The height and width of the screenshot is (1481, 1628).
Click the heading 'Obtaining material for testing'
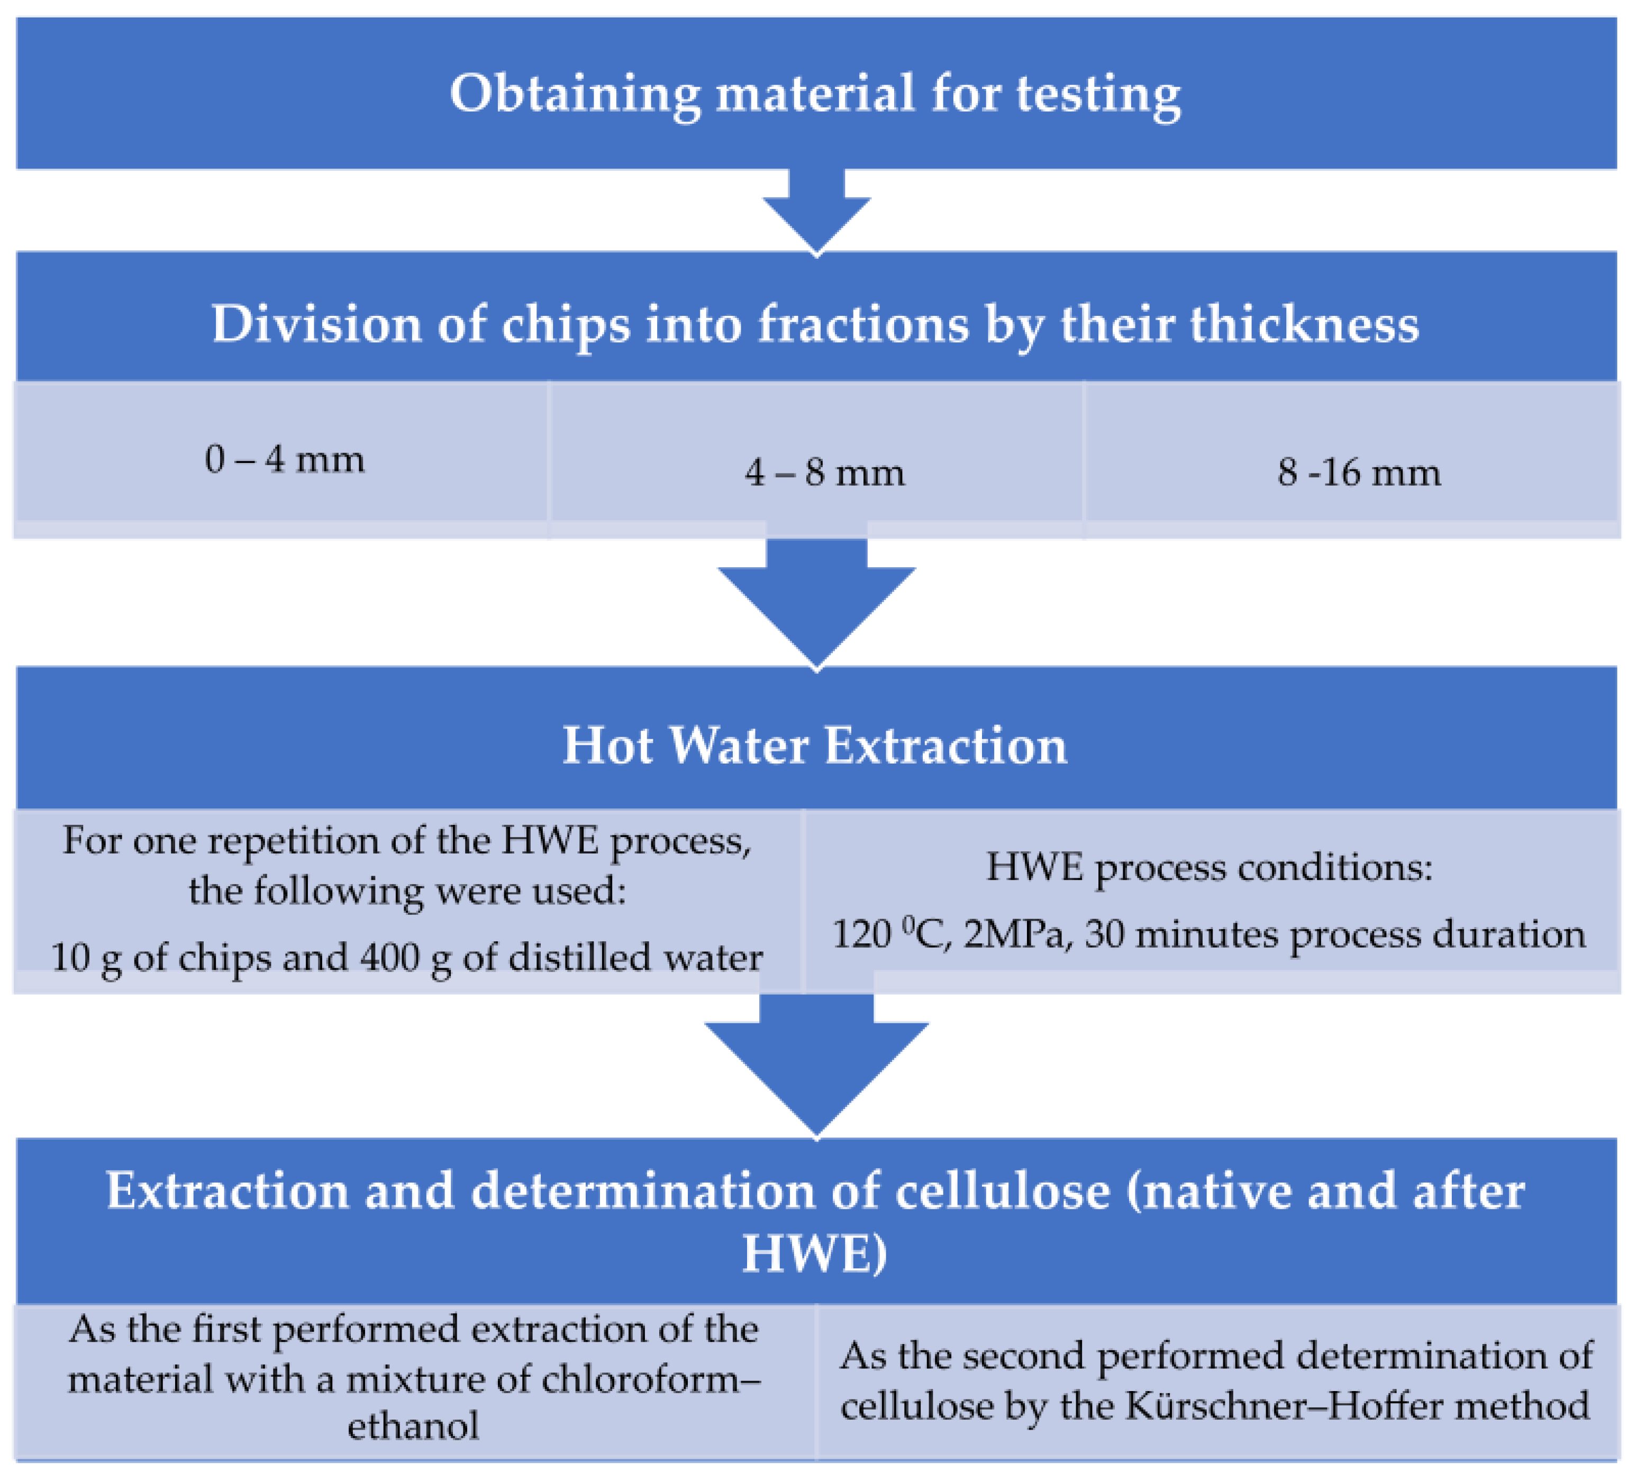click(815, 95)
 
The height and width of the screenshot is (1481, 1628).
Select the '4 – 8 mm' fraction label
click(824, 473)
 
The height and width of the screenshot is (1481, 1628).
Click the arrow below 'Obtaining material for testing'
click(816, 212)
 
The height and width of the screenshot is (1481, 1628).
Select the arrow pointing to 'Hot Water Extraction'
click(816, 604)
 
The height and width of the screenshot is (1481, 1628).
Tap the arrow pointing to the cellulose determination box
click(816, 1064)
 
